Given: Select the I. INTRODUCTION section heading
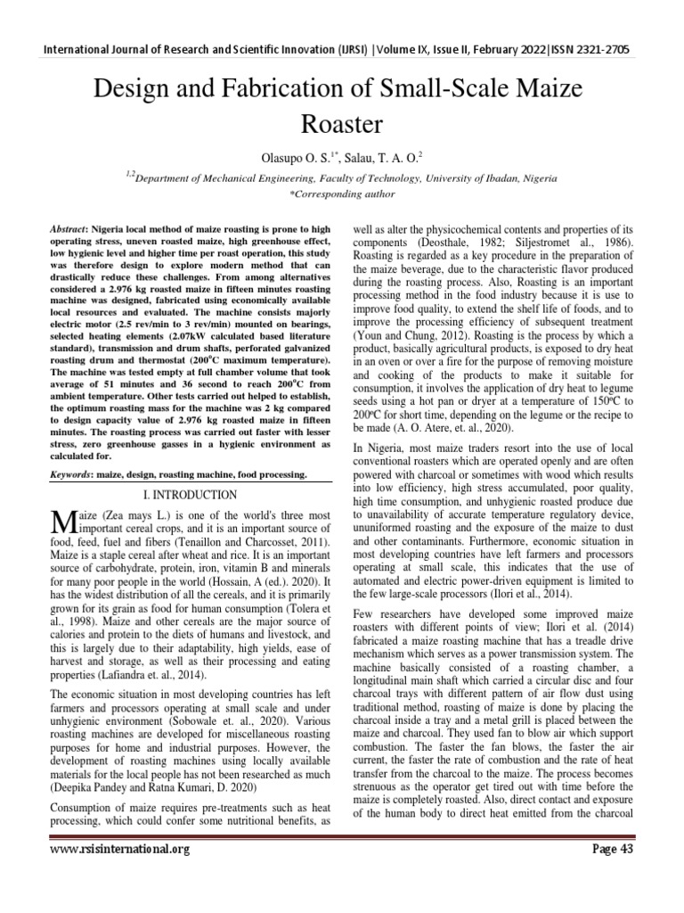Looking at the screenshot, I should pos(191,494).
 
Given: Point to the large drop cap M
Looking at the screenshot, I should pos(61,522).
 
